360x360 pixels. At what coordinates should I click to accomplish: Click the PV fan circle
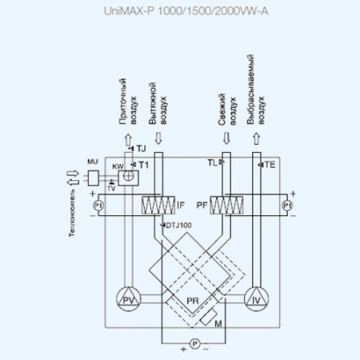(x=126, y=299)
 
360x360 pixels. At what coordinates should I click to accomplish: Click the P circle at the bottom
(x=193, y=344)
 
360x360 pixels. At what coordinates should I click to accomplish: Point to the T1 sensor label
(x=144, y=164)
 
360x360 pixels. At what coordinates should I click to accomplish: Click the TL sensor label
(x=212, y=162)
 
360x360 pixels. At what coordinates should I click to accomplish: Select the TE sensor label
(x=270, y=164)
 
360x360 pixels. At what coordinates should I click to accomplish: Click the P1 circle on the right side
(x=286, y=206)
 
